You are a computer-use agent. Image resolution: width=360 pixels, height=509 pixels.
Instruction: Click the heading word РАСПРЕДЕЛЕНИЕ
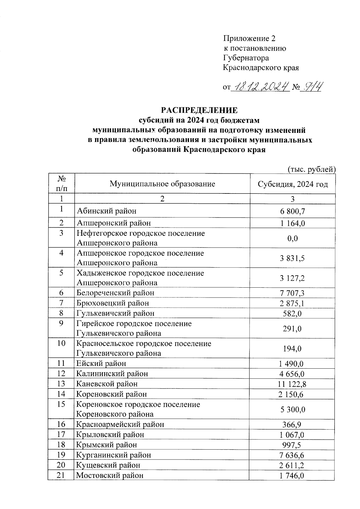click(x=199, y=110)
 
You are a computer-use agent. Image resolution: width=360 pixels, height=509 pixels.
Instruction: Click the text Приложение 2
click(x=249, y=38)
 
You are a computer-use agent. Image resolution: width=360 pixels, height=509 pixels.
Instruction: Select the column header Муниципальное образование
click(x=162, y=184)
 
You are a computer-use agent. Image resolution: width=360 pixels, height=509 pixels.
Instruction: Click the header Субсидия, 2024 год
click(x=293, y=184)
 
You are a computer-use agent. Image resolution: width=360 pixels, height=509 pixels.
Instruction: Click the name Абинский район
click(x=106, y=211)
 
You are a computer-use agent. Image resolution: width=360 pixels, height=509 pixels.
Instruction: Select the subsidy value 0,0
click(x=293, y=238)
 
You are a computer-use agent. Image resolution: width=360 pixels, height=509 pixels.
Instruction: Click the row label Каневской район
click(x=107, y=384)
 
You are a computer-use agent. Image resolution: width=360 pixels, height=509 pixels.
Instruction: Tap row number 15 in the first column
click(x=61, y=404)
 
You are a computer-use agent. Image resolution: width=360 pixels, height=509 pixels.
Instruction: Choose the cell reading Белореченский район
click(x=115, y=293)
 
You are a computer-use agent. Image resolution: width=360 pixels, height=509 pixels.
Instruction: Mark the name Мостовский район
click(x=110, y=475)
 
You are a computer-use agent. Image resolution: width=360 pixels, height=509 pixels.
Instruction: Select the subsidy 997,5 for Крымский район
click(x=293, y=445)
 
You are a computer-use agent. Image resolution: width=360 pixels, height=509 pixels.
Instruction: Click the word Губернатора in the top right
click(x=246, y=58)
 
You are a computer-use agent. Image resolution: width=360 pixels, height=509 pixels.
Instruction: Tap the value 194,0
click(x=293, y=349)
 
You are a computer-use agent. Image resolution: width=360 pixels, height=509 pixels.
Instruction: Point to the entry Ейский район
click(x=101, y=364)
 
